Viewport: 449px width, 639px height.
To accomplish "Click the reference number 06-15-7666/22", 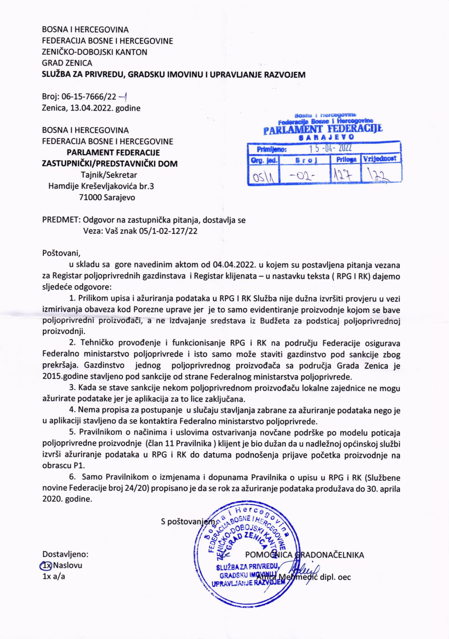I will tap(88, 97).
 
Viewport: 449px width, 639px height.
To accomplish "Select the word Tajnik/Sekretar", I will tap(109, 175).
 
